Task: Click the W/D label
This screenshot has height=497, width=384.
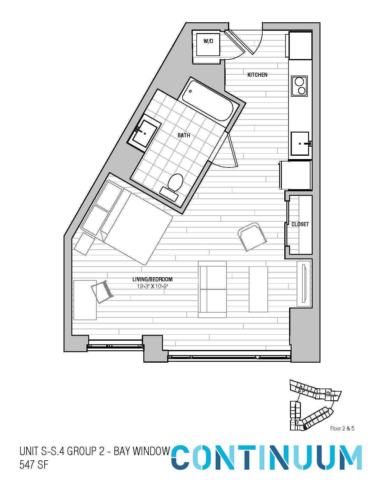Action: coord(208,41)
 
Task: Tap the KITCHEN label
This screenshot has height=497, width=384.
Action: coord(257,75)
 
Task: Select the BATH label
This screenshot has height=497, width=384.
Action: coord(184,136)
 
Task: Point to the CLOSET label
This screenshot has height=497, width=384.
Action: coord(300,224)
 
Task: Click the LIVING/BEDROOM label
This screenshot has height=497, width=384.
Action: coord(152,279)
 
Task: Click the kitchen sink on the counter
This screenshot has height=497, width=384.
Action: coord(300,143)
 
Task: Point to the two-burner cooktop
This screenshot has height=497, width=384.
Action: coord(299,86)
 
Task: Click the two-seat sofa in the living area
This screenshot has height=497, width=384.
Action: coord(212,289)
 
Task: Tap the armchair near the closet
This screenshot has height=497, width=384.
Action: coord(252,237)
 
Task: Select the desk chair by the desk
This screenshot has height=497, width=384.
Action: coord(102,292)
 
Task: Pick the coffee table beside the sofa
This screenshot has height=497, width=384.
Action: coord(258,289)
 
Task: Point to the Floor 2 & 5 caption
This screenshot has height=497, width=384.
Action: coord(342,428)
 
